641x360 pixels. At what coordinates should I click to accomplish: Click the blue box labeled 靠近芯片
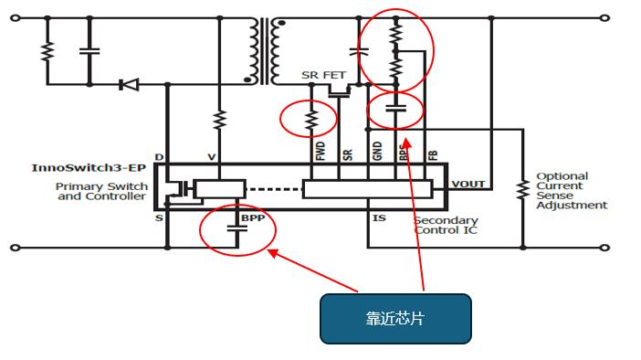pos(394,318)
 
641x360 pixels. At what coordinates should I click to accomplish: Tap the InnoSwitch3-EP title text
pos(89,168)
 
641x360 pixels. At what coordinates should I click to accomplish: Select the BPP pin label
pos(252,219)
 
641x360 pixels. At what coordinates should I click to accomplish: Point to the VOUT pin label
pos(468,184)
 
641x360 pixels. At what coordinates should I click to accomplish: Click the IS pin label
pos(380,218)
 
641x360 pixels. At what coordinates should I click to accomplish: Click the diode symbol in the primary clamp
pos(129,85)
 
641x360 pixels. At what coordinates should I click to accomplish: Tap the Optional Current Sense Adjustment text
pos(571,190)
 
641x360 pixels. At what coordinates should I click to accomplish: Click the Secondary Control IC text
pos(446,226)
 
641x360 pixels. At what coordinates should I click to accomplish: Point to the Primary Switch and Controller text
pos(101,191)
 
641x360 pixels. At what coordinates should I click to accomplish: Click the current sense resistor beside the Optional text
pos(523,190)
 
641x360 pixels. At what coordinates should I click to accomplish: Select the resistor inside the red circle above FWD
pos(310,119)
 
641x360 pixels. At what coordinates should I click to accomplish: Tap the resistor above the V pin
pos(219,120)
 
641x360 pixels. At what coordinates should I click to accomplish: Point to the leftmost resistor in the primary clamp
pos(44,51)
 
